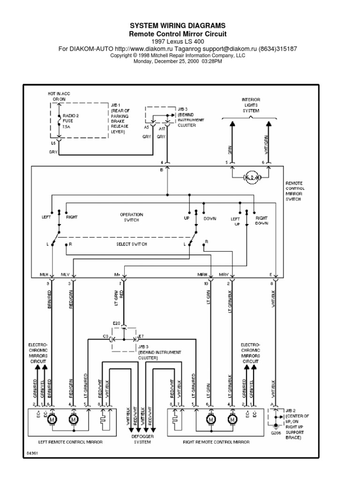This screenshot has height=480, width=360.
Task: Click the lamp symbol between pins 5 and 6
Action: click(x=250, y=177)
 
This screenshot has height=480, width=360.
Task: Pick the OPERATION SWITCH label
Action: click(x=131, y=217)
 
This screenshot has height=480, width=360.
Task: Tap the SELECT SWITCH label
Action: click(x=131, y=245)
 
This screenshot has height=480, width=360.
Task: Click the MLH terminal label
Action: click(x=44, y=274)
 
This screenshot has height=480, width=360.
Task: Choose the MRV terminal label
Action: click(x=224, y=274)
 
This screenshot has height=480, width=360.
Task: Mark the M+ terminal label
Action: click(x=118, y=274)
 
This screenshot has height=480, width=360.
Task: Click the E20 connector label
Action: click(x=117, y=324)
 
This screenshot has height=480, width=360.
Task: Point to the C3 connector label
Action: click(x=105, y=337)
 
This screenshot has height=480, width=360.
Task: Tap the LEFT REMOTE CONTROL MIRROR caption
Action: click(x=70, y=442)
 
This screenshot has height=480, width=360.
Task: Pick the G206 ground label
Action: click(x=276, y=433)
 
